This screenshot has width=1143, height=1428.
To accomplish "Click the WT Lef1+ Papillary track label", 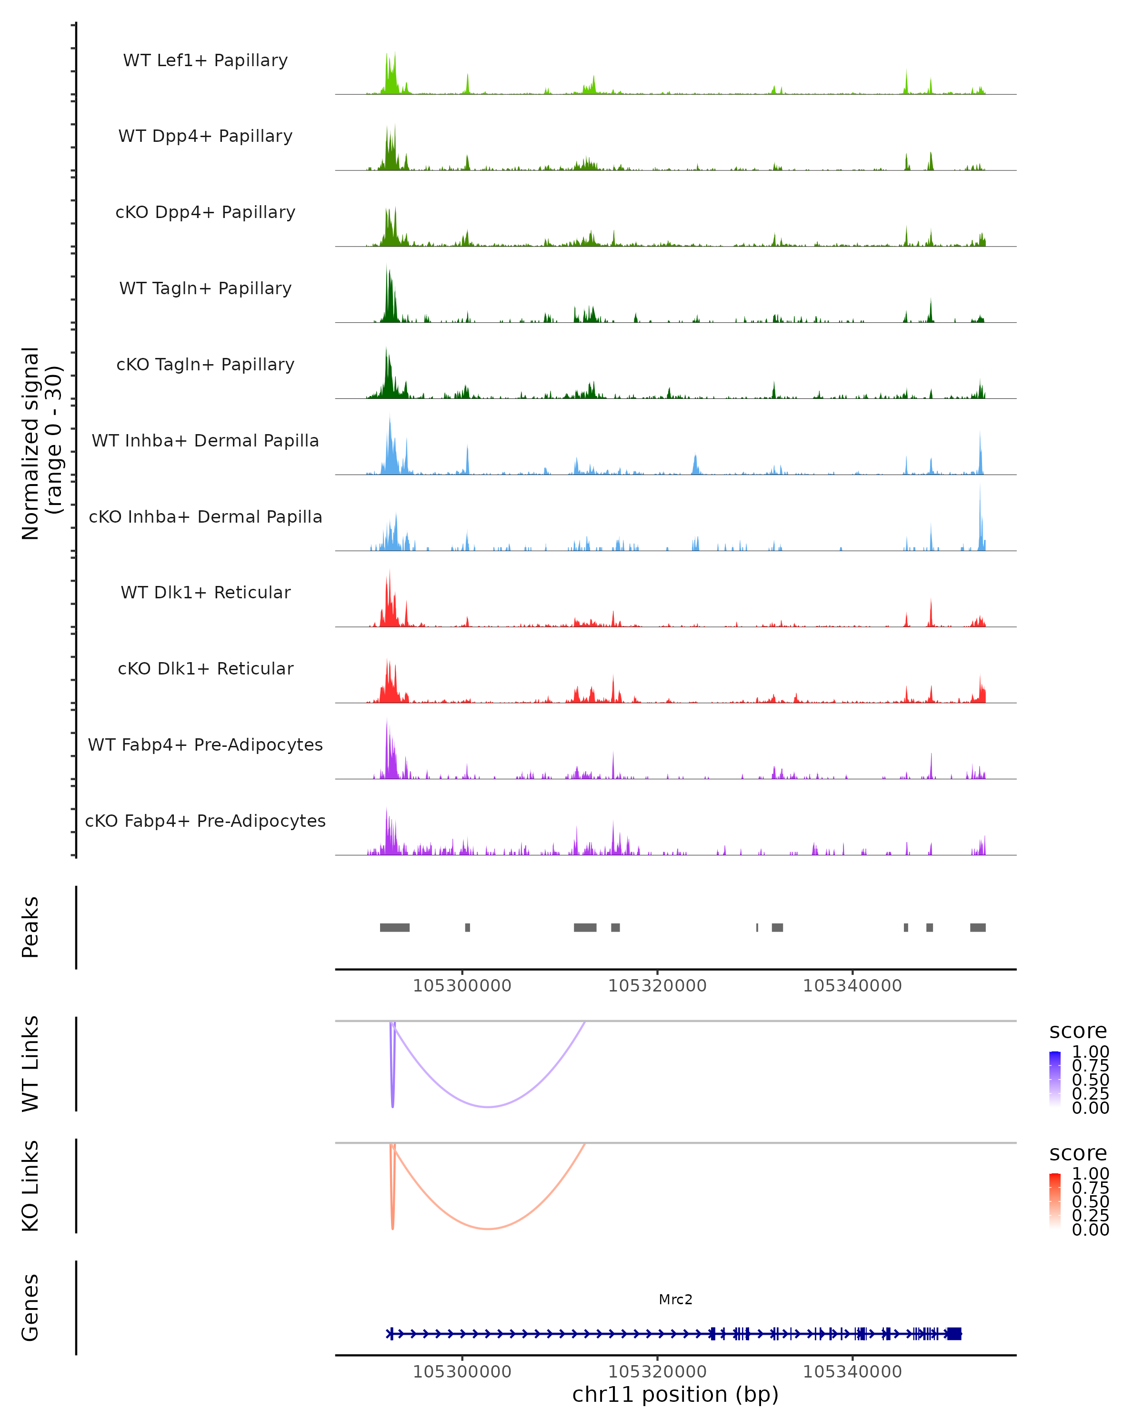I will point(205,60).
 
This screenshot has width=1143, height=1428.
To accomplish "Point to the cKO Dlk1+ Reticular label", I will point(205,668).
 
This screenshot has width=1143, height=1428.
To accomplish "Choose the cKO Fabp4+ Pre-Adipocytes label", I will point(205,821).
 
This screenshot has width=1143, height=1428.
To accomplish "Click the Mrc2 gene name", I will point(675,1299).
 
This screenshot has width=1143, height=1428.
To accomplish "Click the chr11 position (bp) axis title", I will point(675,1394).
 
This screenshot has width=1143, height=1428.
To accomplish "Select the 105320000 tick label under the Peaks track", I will point(657,986).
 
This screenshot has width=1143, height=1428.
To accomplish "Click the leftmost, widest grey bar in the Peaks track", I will point(394,927).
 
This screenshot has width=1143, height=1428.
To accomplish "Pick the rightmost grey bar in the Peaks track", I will point(977,927).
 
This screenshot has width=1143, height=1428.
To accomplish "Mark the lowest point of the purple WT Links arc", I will point(488,1107).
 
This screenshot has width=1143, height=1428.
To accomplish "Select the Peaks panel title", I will point(30,927).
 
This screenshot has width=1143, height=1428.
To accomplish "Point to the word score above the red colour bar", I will point(1077,1153).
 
